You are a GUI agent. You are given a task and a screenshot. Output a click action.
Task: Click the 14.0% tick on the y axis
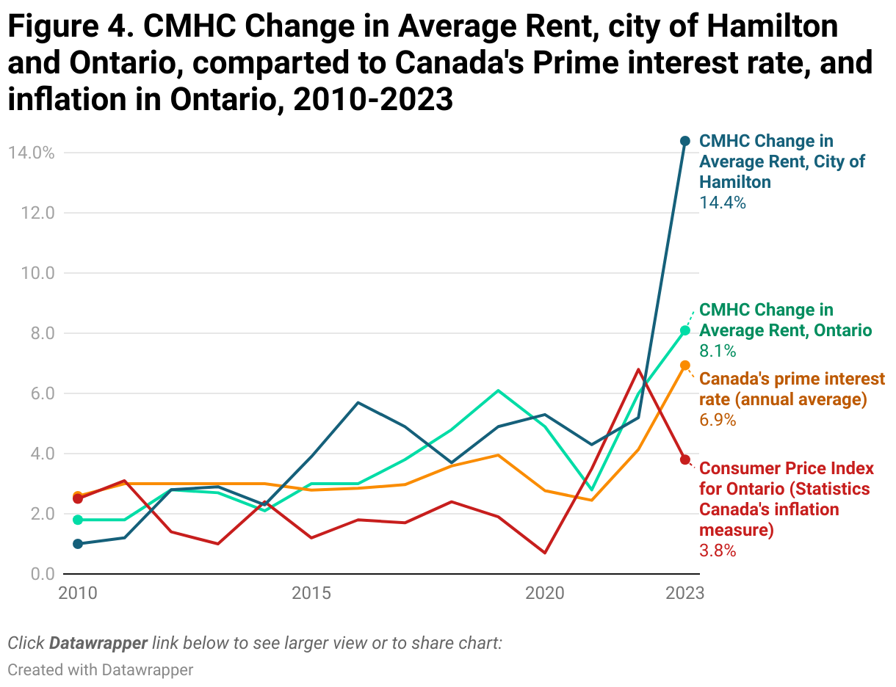click(x=32, y=153)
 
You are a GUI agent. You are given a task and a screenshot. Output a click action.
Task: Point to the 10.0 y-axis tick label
click(x=38, y=273)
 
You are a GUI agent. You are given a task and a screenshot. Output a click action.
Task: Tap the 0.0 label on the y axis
click(x=43, y=574)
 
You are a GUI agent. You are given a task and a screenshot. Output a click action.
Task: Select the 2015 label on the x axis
click(x=311, y=593)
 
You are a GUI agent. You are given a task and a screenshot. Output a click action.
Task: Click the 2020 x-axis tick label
click(x=545, y=593)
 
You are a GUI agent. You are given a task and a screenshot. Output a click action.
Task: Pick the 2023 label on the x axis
click(x=685, y=593)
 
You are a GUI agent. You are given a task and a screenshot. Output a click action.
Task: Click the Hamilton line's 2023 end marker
click(x=685, y=141)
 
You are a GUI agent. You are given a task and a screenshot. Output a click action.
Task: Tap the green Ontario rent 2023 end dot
click(x=685, y=330)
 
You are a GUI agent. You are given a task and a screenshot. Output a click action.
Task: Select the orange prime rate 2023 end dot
click(x=685, y=366)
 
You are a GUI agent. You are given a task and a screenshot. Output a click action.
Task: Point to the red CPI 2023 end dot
click(x=685, y=459)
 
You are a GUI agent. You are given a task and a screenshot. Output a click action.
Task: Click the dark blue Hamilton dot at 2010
click(x=78, y=544)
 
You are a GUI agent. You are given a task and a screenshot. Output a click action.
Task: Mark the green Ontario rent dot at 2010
click(x=78, y=520)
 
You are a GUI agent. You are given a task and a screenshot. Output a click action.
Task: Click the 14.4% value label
click(x=723, y=203)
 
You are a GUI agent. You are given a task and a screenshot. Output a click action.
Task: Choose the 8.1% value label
click(x=718, y=351)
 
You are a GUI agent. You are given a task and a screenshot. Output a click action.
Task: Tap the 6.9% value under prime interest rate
click(x=718, y=420)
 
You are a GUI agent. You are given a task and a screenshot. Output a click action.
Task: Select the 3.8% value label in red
click(x=718, y=550)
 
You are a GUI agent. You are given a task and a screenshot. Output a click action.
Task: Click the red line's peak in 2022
click(x=638, y=369)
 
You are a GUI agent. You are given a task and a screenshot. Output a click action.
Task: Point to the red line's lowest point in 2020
click(x=545, y=553)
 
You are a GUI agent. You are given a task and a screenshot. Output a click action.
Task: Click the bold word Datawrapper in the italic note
click(x=98, y=643)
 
